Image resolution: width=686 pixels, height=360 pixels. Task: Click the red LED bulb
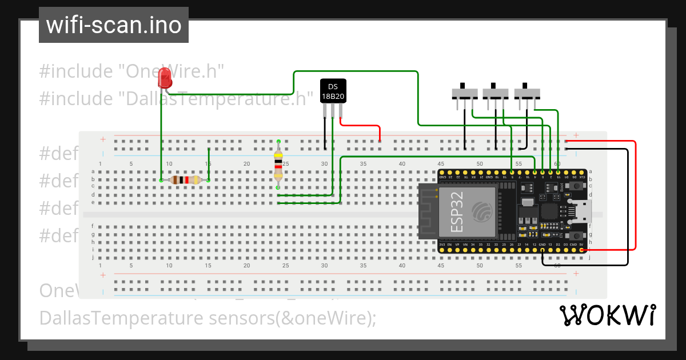click(165, 78)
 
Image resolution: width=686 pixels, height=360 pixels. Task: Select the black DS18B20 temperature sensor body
click(333, 91)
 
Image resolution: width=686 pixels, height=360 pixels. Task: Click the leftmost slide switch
click(464, 93)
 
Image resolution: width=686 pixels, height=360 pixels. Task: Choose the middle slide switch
click(496, 93)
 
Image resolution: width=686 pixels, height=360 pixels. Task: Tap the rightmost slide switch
click(527, 93)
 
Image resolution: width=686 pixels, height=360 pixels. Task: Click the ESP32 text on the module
click(457, 211)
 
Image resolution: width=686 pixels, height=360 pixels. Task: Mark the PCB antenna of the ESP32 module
click(427, 211)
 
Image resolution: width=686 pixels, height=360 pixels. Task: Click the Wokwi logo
click(607, 315)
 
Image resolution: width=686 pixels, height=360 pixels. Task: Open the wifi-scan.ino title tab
click(113, 25)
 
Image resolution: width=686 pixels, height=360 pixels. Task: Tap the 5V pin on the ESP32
click(581, 250)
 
